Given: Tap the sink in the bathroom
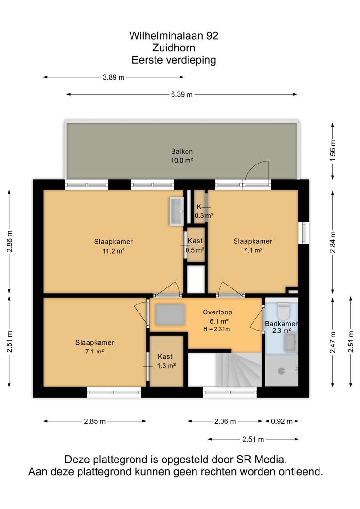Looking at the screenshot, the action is coord(291,342).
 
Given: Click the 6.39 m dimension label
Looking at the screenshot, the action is coord(182,94).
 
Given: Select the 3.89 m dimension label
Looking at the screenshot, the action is coord(113,77).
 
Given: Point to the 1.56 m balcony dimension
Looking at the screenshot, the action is coord(333,151).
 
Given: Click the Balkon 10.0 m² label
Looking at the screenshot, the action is coord(182,156).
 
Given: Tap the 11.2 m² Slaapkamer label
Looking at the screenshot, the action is coord(114,246).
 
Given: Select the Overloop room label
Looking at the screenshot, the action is coord(218,312).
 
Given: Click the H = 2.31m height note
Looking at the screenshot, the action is coord(217,329).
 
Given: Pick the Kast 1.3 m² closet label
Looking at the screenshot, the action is coord(166,361).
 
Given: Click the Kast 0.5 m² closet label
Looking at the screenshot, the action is coord(195,246).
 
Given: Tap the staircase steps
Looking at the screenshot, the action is coord(238,370).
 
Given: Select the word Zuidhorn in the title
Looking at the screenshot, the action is coord(174,48).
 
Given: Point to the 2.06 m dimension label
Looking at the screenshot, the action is coord(225,421).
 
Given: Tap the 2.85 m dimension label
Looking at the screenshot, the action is coord(95,421).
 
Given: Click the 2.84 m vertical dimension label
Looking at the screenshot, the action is coord(333,242).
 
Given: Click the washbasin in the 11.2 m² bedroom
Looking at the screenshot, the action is coord(176,211).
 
